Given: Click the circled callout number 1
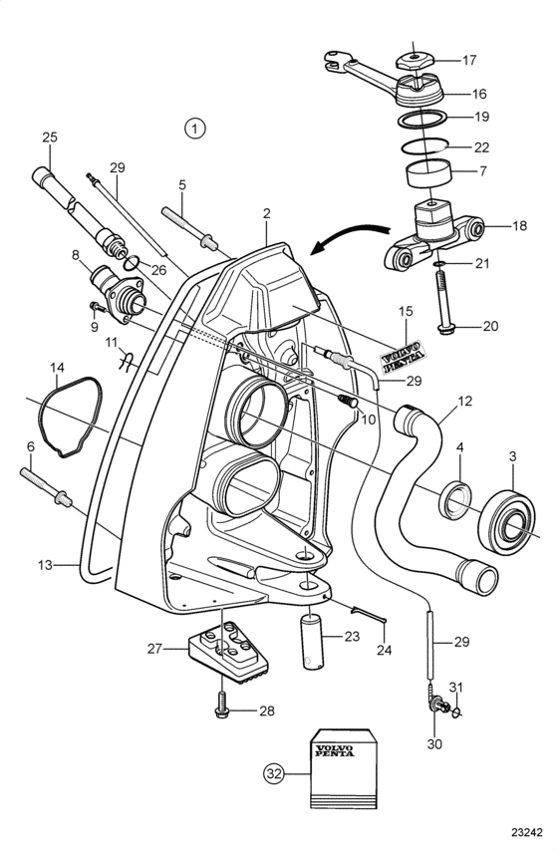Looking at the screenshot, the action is [194, 129].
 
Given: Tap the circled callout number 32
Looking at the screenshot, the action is [274, 773].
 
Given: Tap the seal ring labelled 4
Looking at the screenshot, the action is [455, 500].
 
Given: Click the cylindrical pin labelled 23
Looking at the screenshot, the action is [311, 641].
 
